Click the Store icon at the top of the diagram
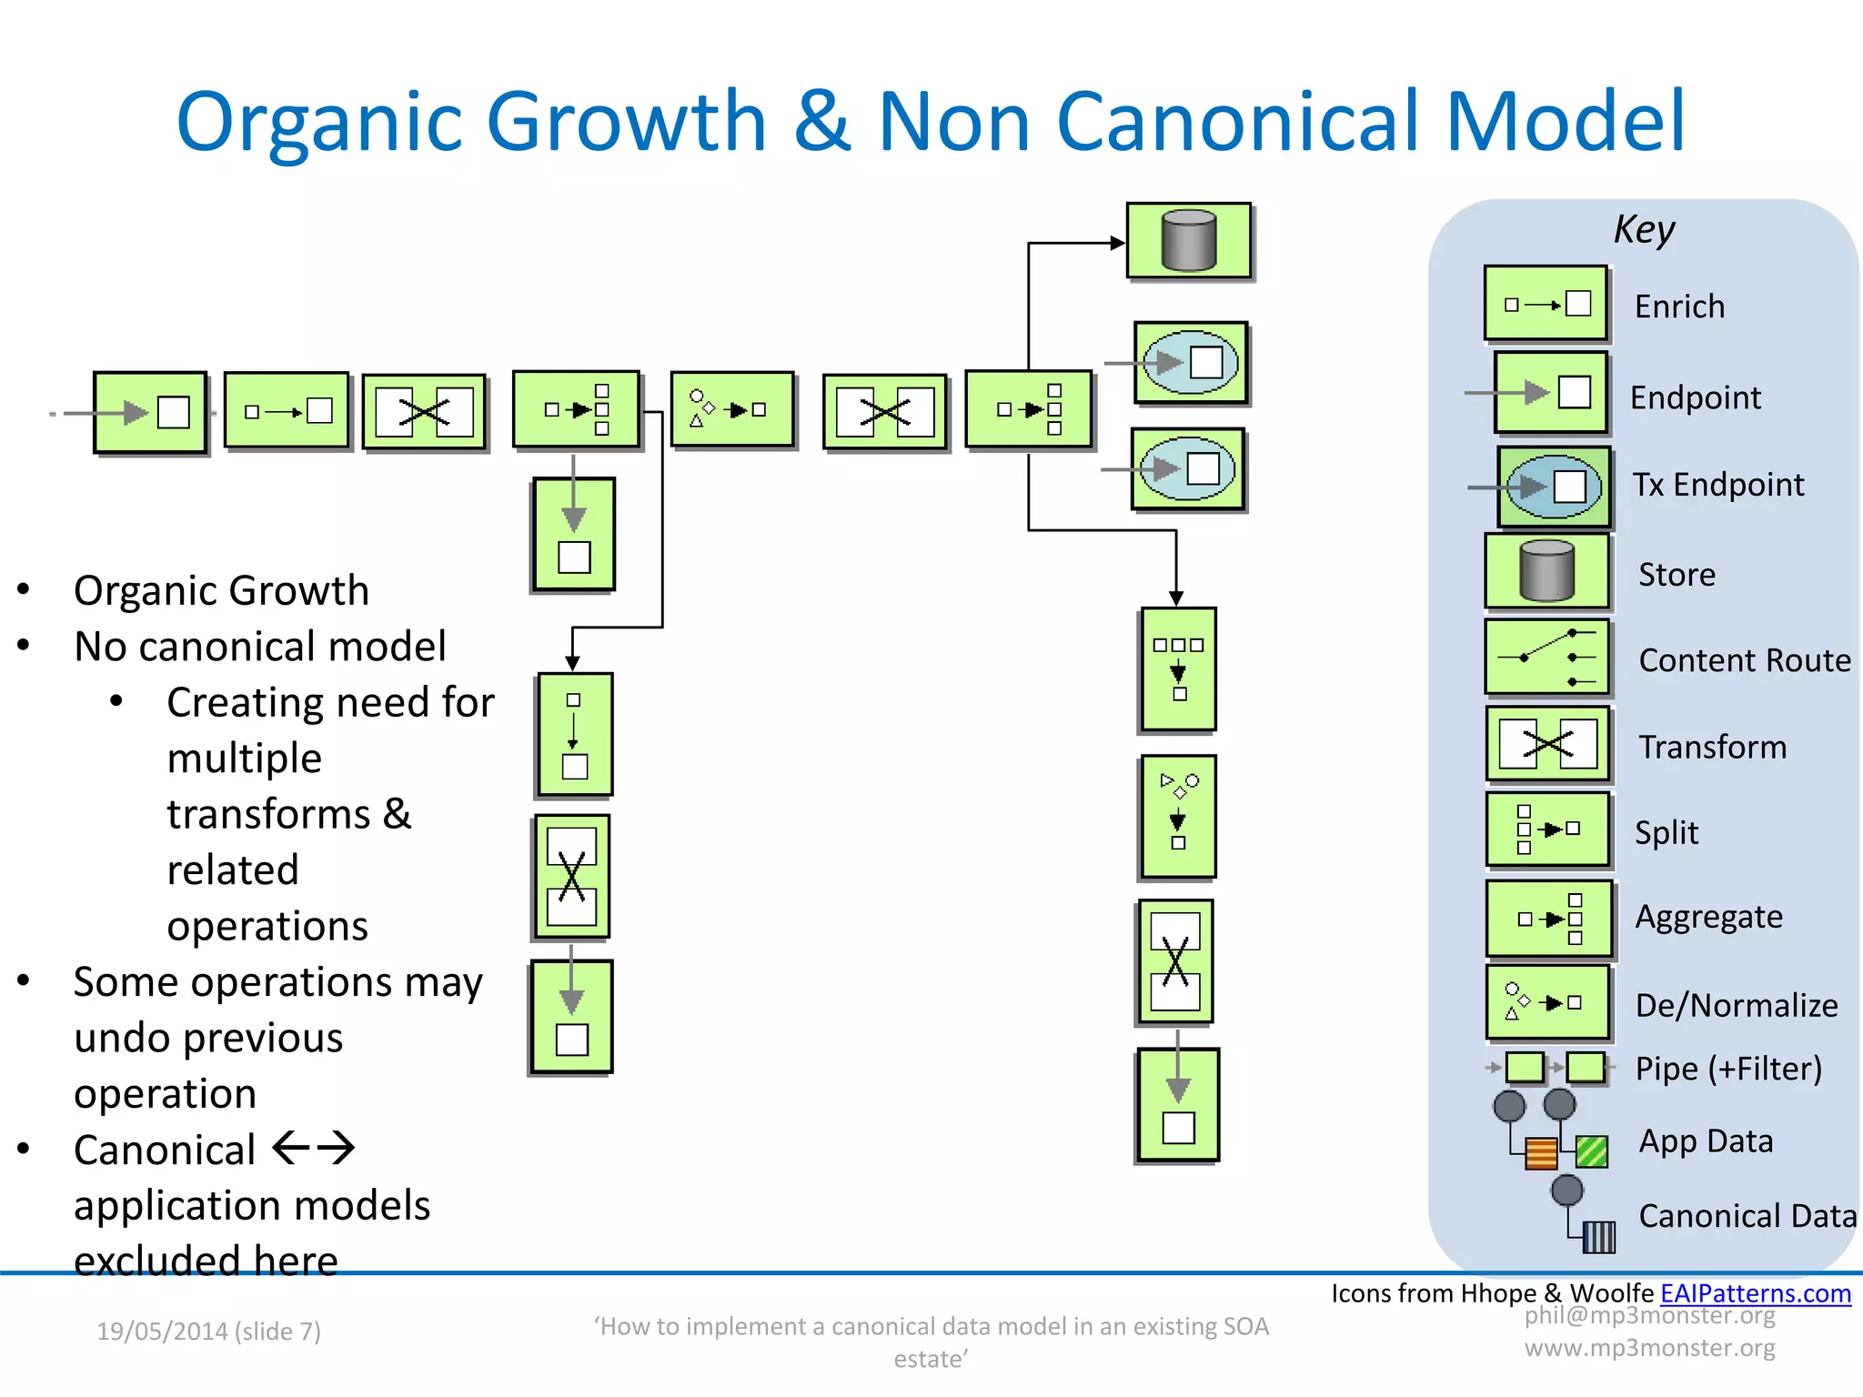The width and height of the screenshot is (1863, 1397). (x=1189, y=241)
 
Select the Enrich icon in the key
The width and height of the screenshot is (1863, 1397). (x=1546, y=304)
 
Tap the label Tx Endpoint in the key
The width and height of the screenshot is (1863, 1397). (x=1717, y=485)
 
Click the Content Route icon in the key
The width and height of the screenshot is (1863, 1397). (x=1546, y=657)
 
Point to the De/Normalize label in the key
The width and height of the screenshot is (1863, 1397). (x=1736, y=1005)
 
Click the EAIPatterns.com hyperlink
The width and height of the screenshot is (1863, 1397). (x=1755, y=1292)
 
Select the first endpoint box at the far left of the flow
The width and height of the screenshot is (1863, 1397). (x=151, y=412)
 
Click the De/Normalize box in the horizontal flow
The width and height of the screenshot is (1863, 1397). (x=732, y=409)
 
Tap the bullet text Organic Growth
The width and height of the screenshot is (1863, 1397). (x=221, y=590)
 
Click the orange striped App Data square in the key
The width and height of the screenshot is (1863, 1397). (x=1541, y=1152)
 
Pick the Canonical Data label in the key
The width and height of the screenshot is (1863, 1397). (x=1747, y=1216)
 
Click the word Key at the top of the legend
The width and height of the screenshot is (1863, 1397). (x=1644, y=229)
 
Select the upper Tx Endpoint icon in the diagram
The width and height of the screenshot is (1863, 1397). (x=1191, y=362)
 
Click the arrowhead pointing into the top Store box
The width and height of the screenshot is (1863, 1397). (x=1118, y=243)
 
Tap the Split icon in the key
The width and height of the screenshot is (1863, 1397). (x=1546, y=829)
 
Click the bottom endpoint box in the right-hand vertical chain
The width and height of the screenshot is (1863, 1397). (x=1178, y=1105)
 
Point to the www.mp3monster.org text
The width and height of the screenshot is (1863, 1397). (x=1649, y=1347)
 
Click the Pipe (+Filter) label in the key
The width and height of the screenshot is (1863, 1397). (x=1728, y=1068)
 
